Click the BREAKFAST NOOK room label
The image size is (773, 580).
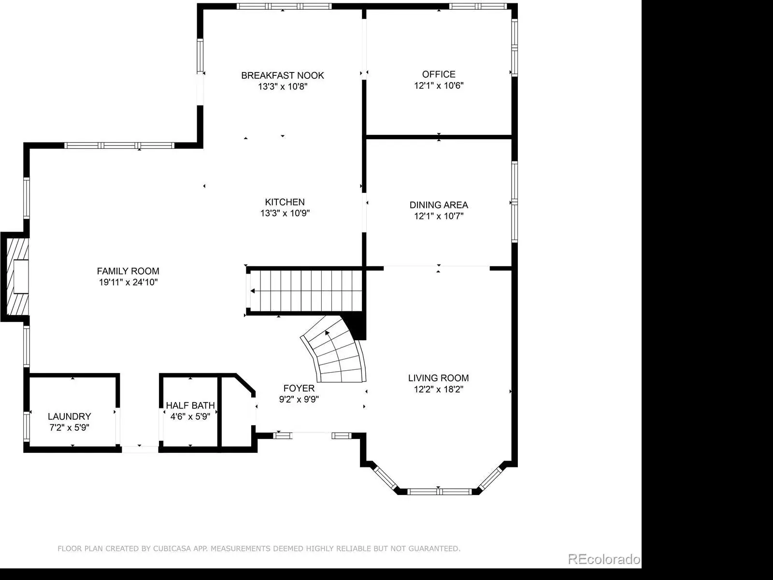(x=283, y=75)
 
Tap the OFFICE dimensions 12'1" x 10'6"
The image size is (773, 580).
(x=439, y=86)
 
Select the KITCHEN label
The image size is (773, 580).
(x=285, y=202)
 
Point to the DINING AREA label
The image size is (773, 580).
(x=439, y=205)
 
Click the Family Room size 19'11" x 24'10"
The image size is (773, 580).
(x=128, y=282)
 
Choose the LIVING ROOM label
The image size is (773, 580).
(x=439, y=378)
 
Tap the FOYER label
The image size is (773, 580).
(x=299, y=388)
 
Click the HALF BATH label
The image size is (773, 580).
(x=190, y=406)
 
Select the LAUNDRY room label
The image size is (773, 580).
(x=70, y=417)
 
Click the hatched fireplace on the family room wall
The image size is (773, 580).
(x=17, y=276)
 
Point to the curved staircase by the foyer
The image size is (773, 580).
(x=334, y=352)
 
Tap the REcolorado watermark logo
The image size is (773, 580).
(x=604, y=559)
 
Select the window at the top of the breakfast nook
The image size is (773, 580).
(x=284, y=6)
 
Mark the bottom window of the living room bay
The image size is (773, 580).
(x=439, y=492)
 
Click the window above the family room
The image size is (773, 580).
(x=119, y=145)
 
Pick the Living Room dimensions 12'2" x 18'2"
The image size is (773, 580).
(x=439, y=389)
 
